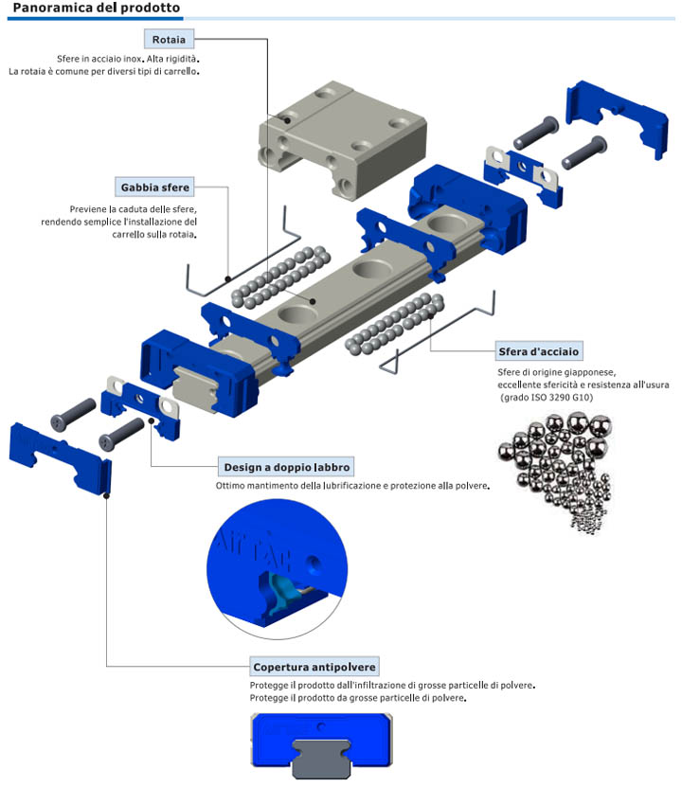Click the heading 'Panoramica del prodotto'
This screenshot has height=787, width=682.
(96, 9)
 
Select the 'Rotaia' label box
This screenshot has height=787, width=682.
(169, 39)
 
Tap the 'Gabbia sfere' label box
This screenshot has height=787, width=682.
(154, 187)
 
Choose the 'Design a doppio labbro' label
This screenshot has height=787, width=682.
(286, 467)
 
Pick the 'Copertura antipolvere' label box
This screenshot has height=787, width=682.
(314, 667)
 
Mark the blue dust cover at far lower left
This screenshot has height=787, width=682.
(59, 455)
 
